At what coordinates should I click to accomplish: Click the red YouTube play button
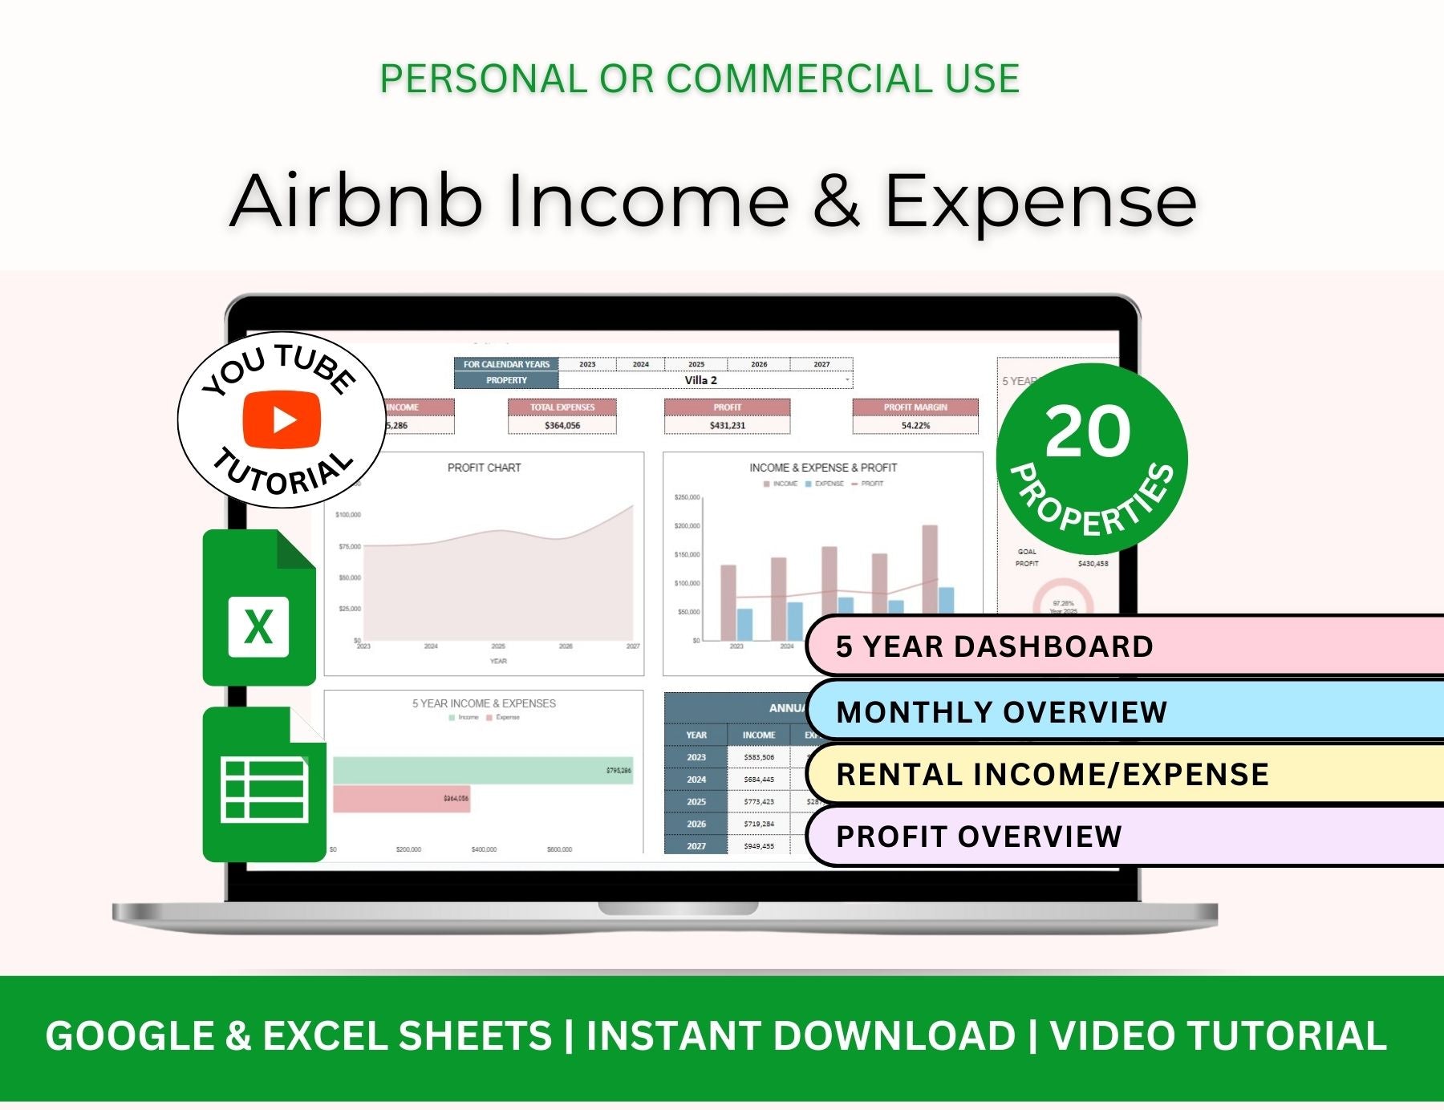[282, 419]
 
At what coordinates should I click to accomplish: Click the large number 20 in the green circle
[1088, 431]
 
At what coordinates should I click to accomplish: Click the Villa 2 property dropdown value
[701, 380]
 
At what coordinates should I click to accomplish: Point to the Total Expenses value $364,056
[562, 425]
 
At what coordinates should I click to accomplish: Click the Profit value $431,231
[727, 425]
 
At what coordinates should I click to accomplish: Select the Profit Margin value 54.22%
[915, 425]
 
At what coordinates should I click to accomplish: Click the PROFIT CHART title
[484, 468]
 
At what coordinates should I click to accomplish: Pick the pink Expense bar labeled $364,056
[401, 799]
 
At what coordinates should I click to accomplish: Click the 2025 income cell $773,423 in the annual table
[758, 801]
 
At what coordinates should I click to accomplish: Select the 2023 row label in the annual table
[696, 757]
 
